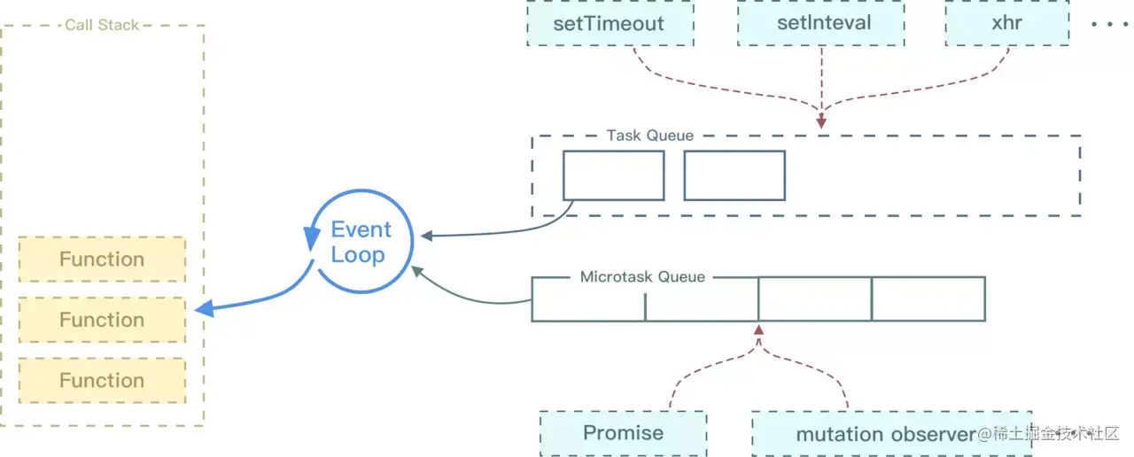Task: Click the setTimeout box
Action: click(609, 23)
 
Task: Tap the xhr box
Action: click(1007, 23)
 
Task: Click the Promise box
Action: click(623, 433)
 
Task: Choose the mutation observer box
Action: click(886, 434)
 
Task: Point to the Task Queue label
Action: click(649, 136)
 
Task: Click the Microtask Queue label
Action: click(642, 277)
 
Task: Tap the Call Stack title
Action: click(102, 25)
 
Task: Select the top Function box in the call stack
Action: click(102, 259)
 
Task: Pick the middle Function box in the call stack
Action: click(102, 320)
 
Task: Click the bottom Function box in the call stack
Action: click(102, 380)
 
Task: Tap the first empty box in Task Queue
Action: click(613, 175)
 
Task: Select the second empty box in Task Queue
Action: click(734, 175)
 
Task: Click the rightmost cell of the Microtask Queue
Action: click(928, 299)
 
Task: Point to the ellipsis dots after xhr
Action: click(1107, 24)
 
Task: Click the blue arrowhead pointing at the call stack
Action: click(204, 309)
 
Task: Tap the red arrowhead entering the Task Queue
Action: click(821, 122)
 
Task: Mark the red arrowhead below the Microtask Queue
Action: click(758, 330)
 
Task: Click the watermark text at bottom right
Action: click(1050, 434)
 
